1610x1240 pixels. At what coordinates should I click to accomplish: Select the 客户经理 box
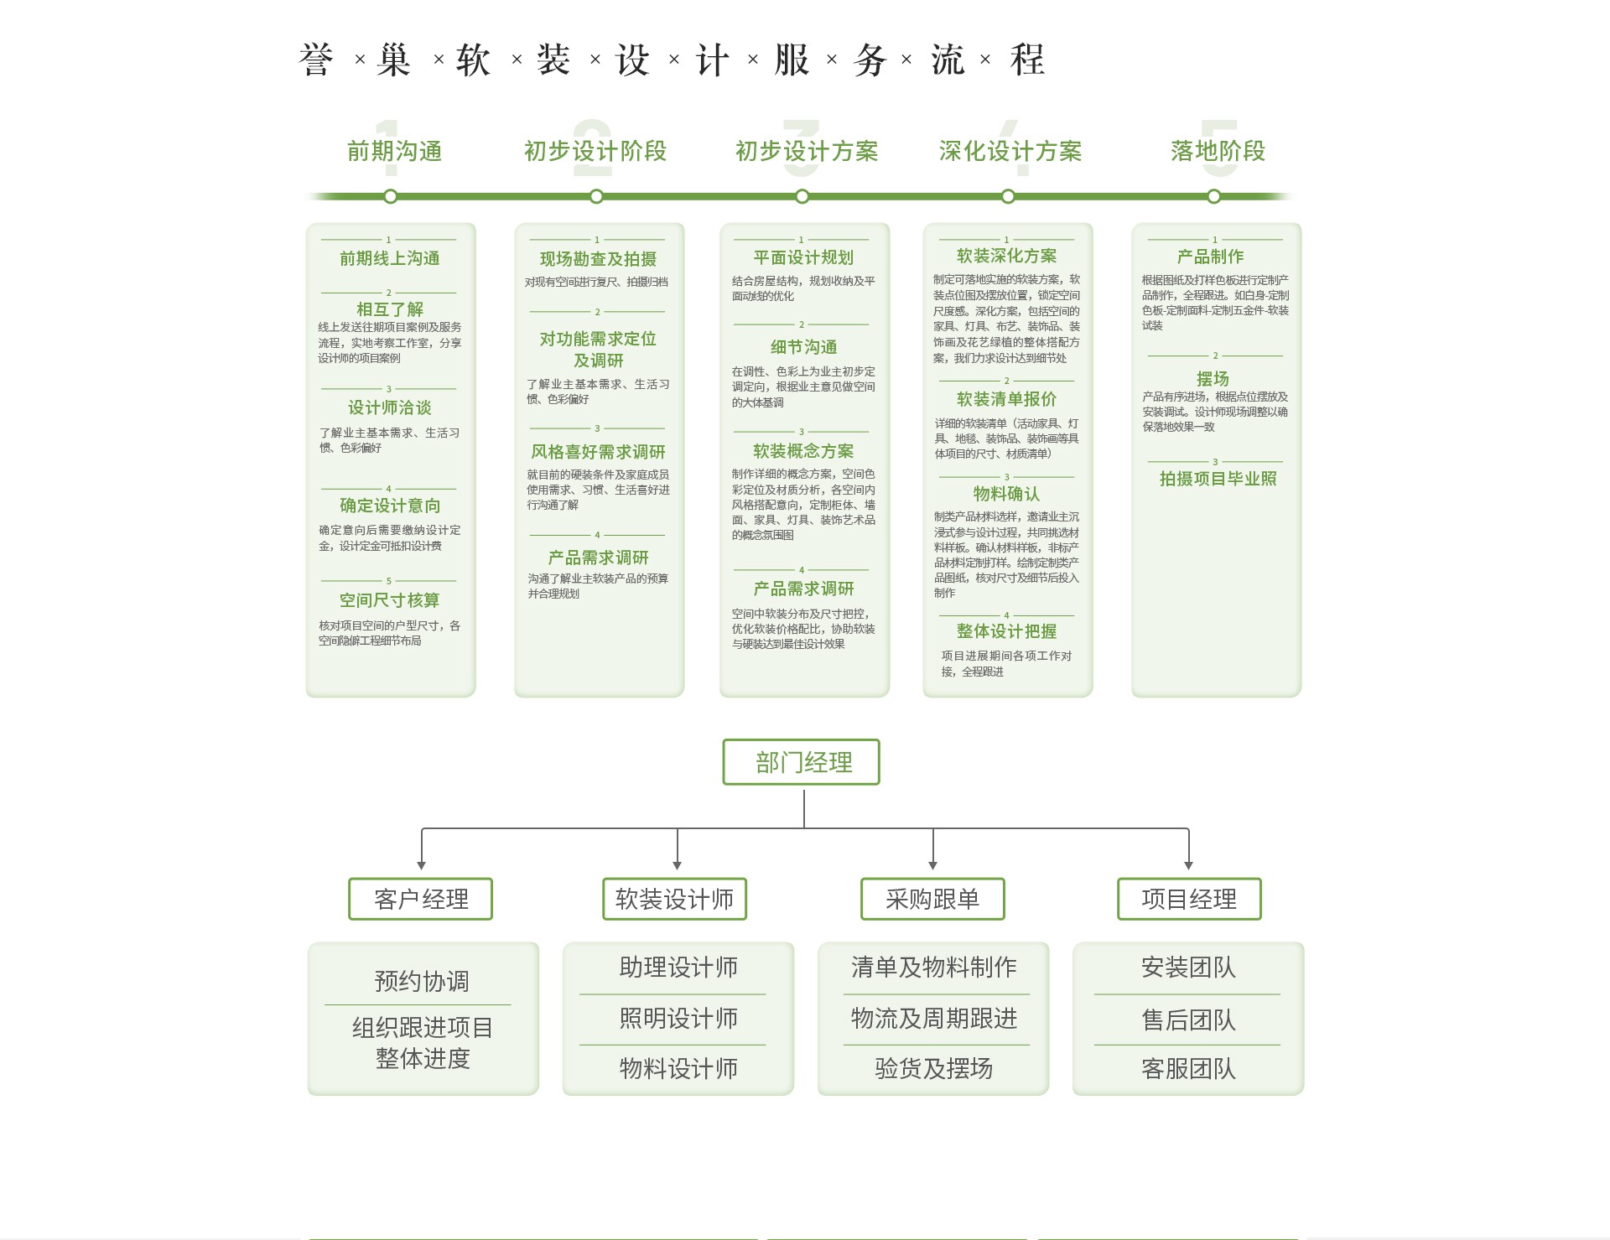(420, 899)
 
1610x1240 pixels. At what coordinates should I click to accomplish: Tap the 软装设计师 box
(674, 899)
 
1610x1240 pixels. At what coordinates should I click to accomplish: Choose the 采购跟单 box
(932, 899)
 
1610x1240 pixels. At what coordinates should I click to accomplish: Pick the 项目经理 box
(1189, 899)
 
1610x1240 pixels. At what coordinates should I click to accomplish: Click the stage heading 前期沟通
(394, 151)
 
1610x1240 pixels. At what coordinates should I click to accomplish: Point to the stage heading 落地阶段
(1218, 151)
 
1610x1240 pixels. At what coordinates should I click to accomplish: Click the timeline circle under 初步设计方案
(802, 196)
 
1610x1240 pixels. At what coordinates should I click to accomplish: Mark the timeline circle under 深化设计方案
(1008, 196)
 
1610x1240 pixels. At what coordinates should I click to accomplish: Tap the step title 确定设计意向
(390, 506)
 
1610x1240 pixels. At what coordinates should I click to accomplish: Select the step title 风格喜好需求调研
(598, 452)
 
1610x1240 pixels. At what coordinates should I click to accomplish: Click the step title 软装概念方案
(803, 451)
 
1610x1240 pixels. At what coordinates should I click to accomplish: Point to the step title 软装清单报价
(1006, 399)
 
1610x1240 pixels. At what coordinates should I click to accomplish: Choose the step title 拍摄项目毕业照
(1218, 479)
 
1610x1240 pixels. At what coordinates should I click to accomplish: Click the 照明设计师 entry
(678, 1019)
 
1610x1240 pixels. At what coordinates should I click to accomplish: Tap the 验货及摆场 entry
(933, 1068)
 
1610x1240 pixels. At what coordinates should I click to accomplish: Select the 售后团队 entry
(1188, 1019)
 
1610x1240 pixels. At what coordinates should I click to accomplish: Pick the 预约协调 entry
(422, 981)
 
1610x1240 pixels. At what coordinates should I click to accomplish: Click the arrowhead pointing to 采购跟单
(932, 865)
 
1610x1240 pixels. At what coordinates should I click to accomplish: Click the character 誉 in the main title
(316, 60)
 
